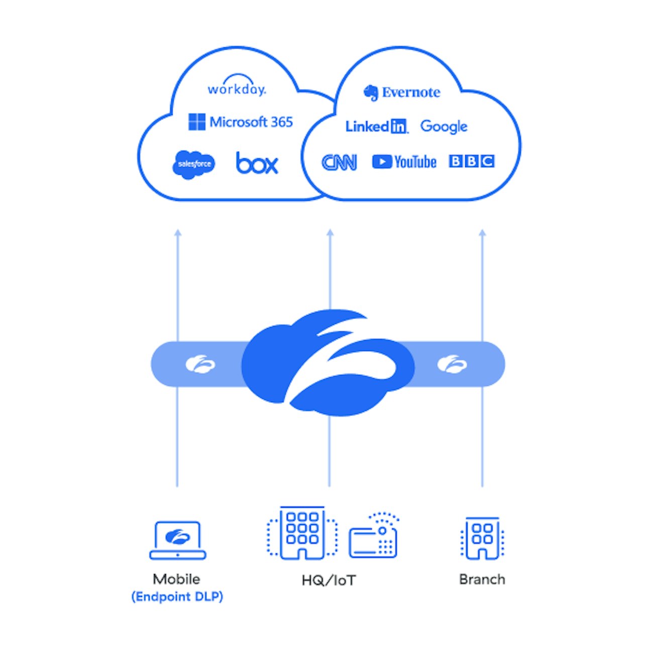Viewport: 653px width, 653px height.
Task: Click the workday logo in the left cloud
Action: [x=237, y=86]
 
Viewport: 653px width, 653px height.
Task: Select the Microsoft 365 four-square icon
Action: [x=196, y=122]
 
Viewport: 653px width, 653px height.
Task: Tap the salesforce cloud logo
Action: [x=193, y=164]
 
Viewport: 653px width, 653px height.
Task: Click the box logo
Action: [x=257, y=163]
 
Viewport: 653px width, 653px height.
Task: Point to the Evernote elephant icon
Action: [x=371, y=92]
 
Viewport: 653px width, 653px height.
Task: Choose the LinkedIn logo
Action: [x=377, y=127]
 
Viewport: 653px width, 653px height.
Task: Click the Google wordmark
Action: [x=444, y=127]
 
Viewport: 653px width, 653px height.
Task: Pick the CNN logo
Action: [x=339, y=162]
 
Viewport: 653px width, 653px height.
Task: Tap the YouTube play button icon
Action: [x=382, y=162]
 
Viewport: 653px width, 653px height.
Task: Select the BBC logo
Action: [x=471, y=161]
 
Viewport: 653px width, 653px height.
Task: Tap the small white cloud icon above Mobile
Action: [x=200, y=364]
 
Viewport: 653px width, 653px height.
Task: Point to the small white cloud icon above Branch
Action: [x=452, y=364]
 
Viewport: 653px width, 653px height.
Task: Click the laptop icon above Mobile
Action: [x=178, y=540]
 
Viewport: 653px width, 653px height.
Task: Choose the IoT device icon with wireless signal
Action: [x=374, y=537]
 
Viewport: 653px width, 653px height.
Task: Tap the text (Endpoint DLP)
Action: [x=177, y=597]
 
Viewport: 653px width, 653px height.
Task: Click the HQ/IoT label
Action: [x=329, y=581]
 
